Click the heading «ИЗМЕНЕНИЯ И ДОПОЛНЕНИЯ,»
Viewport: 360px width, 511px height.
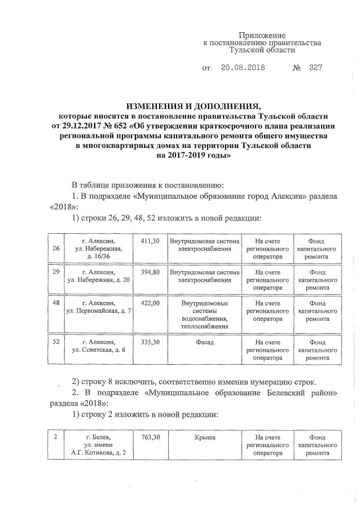click(x=194, y=106)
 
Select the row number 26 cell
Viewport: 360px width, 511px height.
click(x=55, y=248)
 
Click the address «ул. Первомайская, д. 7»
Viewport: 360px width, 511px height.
click(x=99, y=311)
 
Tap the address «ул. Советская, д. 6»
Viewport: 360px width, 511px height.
click(x=99, y=350)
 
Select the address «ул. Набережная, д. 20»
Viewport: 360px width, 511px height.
click(x=99, y=279)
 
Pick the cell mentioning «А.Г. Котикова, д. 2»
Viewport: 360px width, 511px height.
click(x=99, y=452)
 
